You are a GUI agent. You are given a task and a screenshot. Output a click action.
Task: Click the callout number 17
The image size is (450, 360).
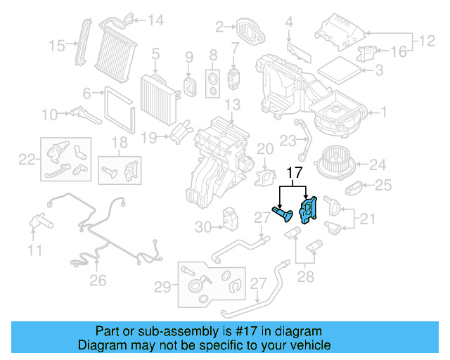pyautogui.click(x=293, y=172)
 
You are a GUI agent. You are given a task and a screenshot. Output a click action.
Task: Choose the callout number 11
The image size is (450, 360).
pyautogui.click(x=35, y=249)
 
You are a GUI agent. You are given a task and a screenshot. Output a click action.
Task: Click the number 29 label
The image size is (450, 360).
pyautogui.click(x=162, y=287)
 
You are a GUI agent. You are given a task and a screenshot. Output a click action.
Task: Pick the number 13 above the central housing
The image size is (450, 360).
pyautogui.click(x=232, y=105)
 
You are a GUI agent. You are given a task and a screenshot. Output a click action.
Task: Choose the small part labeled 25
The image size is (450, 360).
pyautogui.click(x=356, y=188)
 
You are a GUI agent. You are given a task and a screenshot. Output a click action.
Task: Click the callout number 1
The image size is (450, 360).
pyautogui.click(x=383, y=111)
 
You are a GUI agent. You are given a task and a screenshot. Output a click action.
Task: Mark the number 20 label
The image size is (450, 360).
pyautogui.click(x=265, y=148)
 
